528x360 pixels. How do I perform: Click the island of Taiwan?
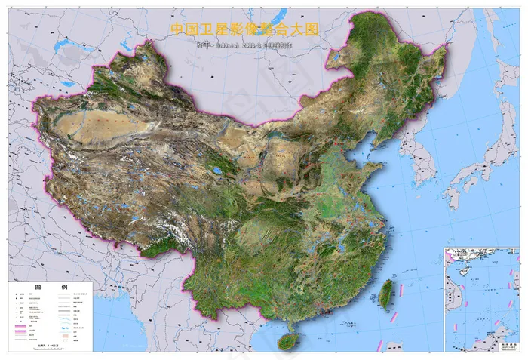(387, 294)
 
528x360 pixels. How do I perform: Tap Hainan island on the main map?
(288, 341)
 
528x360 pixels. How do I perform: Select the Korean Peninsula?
(416, 162)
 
